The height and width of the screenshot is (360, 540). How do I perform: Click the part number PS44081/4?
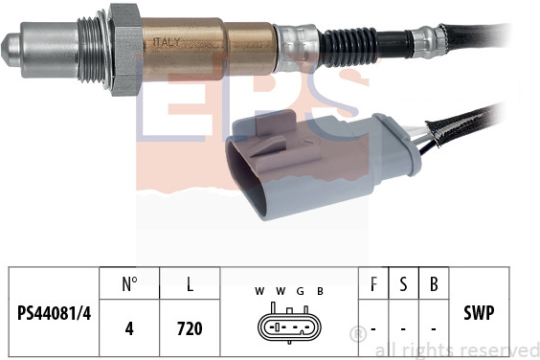pyautogui.click(x=54, y=313)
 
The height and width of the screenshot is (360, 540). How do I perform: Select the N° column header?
pyautogui.click(x=129, y=283)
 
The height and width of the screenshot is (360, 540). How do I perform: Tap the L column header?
pyautogui.click(x=190, y=283)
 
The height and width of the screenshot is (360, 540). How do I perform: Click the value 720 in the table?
pyautogui.click(x=190, y=328)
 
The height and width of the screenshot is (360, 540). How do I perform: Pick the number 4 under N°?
pyautogui.click(x=129, y=328)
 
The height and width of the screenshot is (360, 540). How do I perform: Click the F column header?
pyautogui.click(x=373, y=283)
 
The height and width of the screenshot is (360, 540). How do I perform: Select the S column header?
pyautogui.click(x=403, y=283)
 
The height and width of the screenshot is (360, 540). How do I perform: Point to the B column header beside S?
pyautogui.click(x=434, y=283)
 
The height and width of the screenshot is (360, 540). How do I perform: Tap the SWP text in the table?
pyautogui.click(x=479, y=313)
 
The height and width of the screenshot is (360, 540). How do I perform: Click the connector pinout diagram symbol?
pyautogui.click(x=289, y=324)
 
